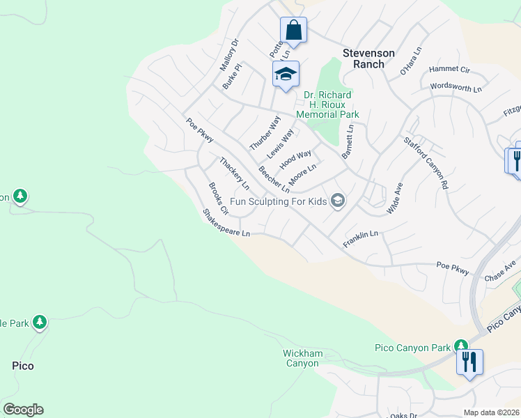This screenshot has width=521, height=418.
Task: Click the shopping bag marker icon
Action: [293, 31]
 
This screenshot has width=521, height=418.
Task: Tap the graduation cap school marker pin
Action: [286, 75]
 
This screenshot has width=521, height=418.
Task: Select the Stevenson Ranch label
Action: [369, 59]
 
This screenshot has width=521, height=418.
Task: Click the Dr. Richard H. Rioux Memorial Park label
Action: [327, 104]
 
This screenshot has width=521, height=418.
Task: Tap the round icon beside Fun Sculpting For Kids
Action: [338, 201]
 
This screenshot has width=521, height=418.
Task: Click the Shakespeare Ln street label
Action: [226, 223]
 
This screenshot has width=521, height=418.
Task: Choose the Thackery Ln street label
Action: [234, 173]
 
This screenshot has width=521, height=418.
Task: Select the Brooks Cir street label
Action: [219, 199]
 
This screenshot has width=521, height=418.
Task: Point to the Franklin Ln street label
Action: [360, 240]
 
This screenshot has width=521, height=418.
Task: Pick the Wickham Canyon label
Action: [303, 358]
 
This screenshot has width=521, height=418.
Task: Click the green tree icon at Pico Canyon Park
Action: [460, 346]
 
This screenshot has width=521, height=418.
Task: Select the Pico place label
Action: [23, 365]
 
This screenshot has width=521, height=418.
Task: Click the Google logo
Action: [23, 410]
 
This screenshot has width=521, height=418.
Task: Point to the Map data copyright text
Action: [491, 412]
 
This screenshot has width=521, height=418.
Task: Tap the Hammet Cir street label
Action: [449, 70]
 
